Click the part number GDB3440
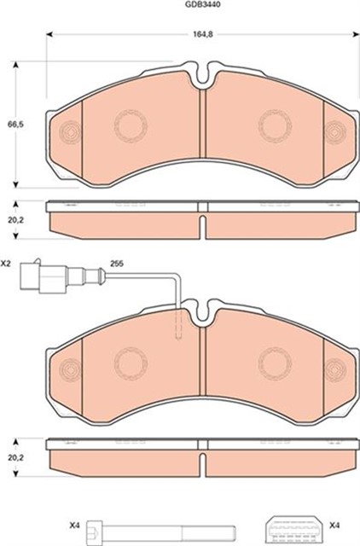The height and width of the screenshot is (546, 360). [x=203, y=5]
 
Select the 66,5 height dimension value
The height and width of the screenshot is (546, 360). [x=15, y=125]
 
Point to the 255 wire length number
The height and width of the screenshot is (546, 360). [x=117, y=264]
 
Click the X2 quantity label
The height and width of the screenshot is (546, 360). [x=6, y=264]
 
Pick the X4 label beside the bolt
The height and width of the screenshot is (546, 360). [x=75, y=526]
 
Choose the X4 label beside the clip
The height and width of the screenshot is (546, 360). [x=334, y=526]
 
